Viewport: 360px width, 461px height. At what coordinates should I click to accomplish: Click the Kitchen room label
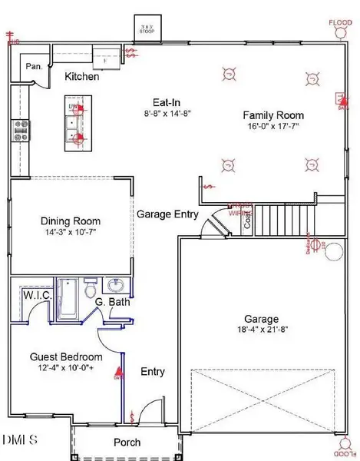point(82,78)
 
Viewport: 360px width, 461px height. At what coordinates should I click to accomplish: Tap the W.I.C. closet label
point(37,295)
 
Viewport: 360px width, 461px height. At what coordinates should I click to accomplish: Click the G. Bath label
point(112,302)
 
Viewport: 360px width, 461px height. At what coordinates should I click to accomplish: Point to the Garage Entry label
point(168,215)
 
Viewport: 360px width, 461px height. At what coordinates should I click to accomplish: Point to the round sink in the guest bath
point(117,285)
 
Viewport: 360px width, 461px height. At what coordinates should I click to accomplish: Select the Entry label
point(153,372)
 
